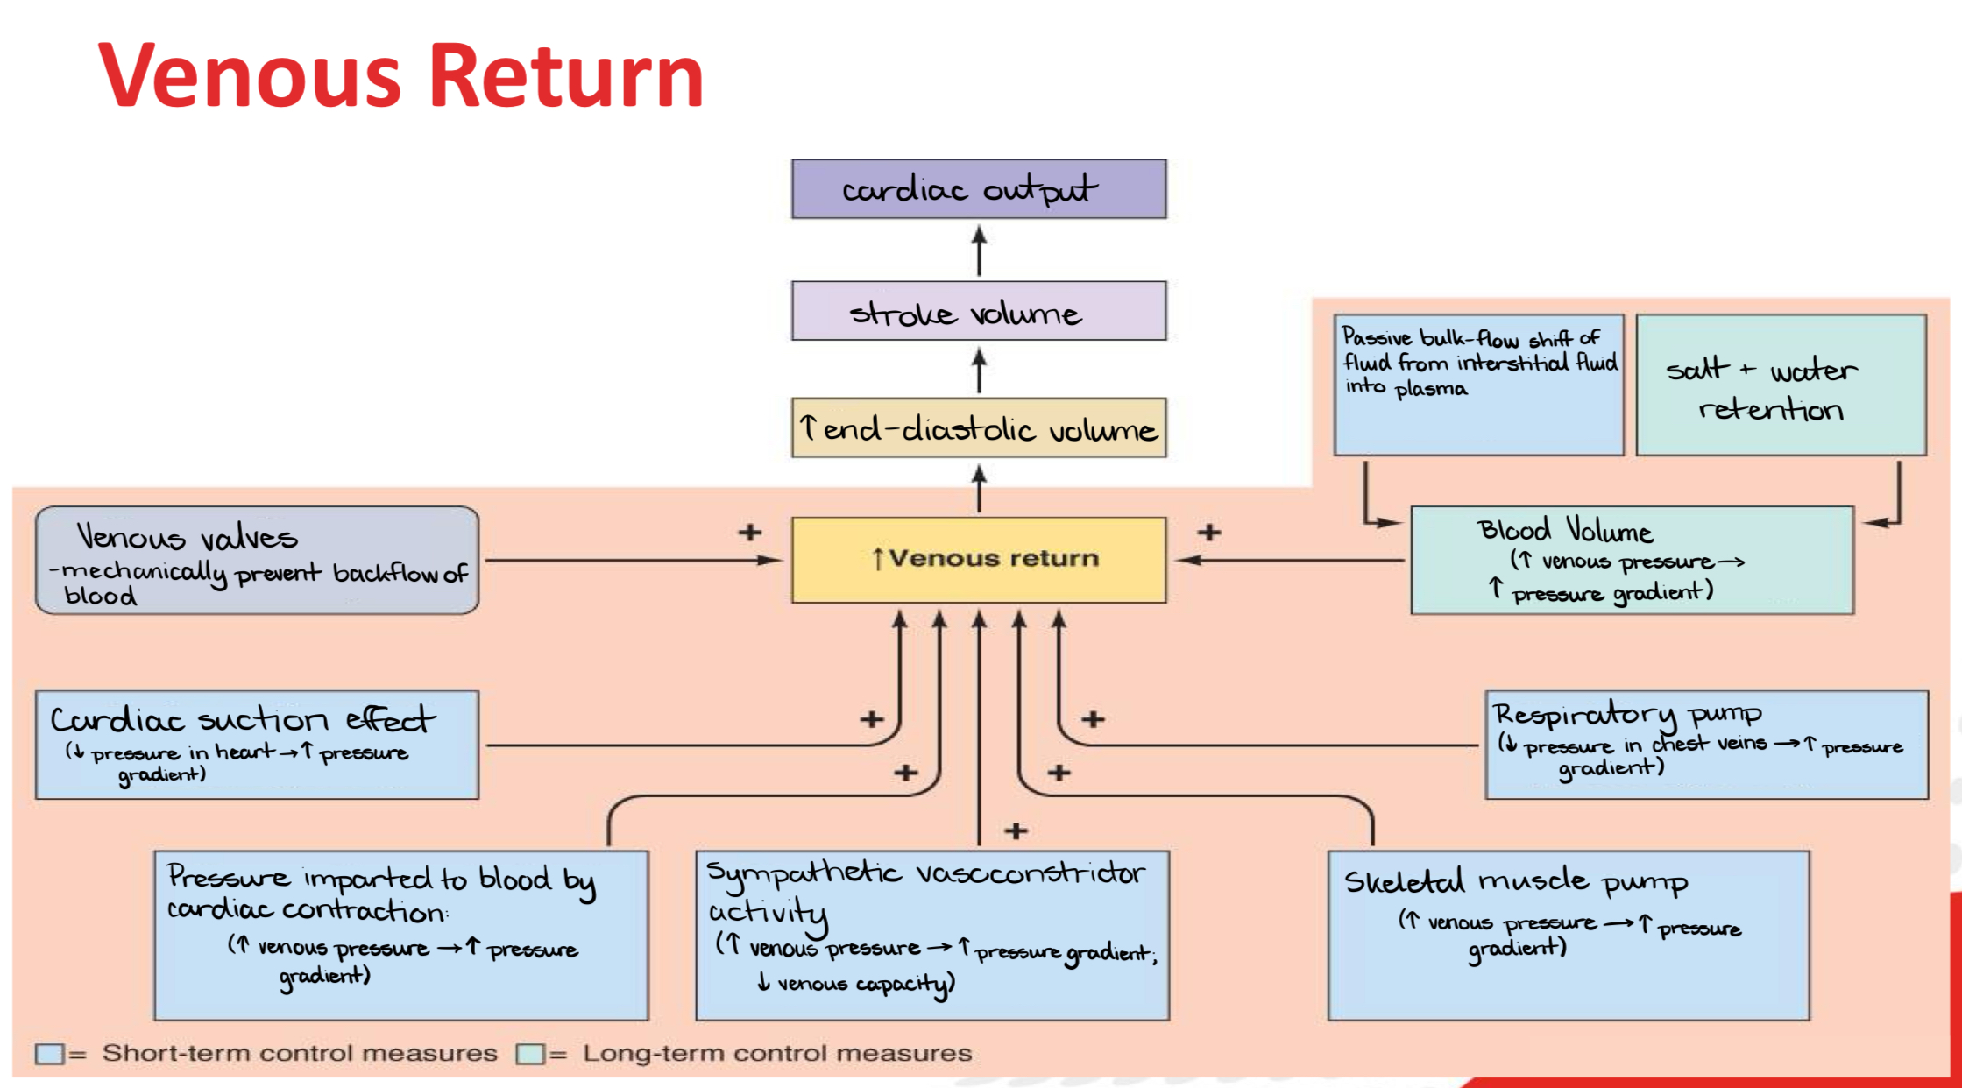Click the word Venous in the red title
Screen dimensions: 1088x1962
tap(250, 77)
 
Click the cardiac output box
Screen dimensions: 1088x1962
tap(978, 188)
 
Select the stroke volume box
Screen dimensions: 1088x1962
tap(978, 311)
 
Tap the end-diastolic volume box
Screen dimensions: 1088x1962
tap(978, 428)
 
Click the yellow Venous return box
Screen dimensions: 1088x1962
tap(978, 559)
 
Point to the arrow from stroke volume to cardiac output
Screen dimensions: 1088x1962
tap(979, 251)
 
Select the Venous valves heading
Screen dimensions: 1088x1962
tap(187, 536)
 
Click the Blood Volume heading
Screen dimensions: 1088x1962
tap(1565, 530)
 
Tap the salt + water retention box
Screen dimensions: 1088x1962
tap(1780, 385)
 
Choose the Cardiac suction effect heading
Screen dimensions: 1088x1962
tap(242, 719)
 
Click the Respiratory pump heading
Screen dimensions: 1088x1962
tap(1627, 715)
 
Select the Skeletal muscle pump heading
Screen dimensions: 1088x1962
tap(1515, 881)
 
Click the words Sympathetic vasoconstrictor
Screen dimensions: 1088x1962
tap(925, 873)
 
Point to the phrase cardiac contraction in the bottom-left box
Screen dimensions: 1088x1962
tap(307, 910)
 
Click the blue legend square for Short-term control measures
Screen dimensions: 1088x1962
tap(49, 1053)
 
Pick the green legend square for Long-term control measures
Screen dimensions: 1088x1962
tap(529, 1053)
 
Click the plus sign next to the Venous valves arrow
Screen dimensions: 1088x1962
tap(749, 532)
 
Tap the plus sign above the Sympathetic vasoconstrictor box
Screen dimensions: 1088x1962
tap(1016, 830)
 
